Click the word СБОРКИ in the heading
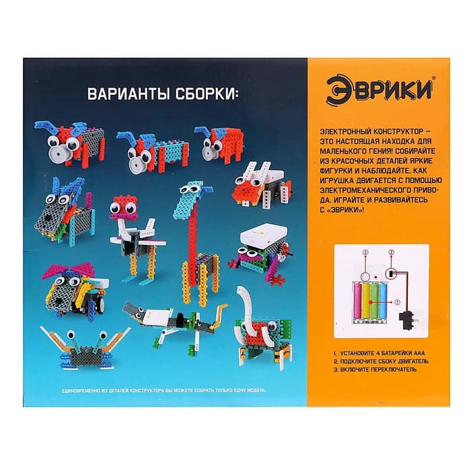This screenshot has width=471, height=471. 202,94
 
